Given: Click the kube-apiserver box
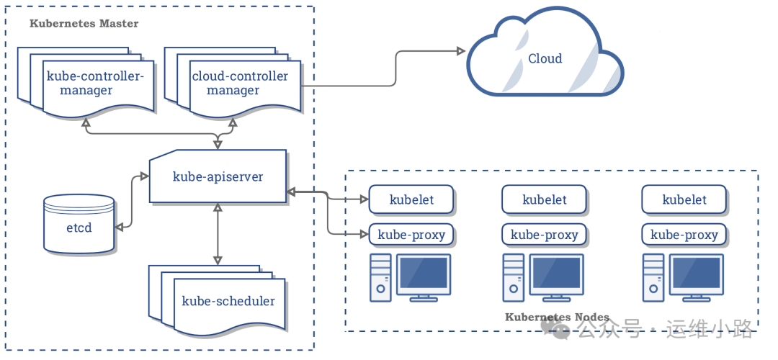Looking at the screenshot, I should (x=218, y=176).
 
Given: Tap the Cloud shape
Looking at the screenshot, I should (x=545, y=59).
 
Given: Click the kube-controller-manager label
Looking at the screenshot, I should (x=95, y=84).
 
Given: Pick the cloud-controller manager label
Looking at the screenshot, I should (x=239, y=84).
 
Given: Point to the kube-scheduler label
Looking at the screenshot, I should (x=228, y=301).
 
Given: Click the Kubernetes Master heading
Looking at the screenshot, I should (x=84, y=24).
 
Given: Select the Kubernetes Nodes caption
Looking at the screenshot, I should (x=557, y=318).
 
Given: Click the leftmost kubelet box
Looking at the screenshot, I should (x=411, y=200).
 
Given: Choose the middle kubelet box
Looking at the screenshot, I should (x=544, y=200).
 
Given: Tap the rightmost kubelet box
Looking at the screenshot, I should (x=684, y=200).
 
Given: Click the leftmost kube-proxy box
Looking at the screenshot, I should (x=411, y=235).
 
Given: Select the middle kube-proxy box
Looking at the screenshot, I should (x=544, y=235).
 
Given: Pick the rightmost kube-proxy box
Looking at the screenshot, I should (x=684, y=235).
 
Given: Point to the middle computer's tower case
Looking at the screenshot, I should (x=514, y=278).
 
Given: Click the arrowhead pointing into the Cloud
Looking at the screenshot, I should (x=459, y=51).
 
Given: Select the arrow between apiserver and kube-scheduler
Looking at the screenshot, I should (x=218, y=234).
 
